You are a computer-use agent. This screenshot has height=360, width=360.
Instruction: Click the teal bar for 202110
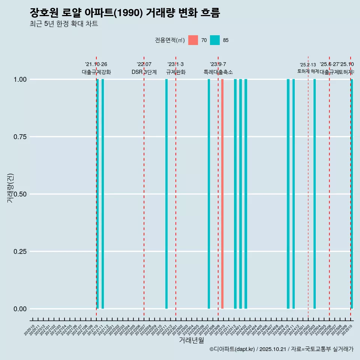pyautogui.click(x=98, y=194)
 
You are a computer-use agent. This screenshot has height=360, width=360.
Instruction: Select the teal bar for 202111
pyautogui.click(x=103, y=194)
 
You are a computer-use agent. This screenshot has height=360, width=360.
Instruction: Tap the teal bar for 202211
pyautogui.click(x=166, y=194)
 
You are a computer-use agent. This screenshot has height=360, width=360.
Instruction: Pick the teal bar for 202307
pyautogui.click(x=209, y=194)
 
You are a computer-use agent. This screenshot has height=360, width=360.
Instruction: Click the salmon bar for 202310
pyautogui.click(x=222, y=194)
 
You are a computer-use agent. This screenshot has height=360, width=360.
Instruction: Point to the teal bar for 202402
pyautogui.click(x=246, y=194)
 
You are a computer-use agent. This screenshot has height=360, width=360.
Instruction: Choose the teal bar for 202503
pyautogui.click(x=315, y=194)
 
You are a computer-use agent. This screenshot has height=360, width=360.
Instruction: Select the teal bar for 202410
pyautogui.click(x=288, y=194)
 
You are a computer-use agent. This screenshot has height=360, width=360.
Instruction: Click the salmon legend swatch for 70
pyautogui.click(x=193, y=40)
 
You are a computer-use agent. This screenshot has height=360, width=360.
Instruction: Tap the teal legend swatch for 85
pyautogui.click(x=215, y=40)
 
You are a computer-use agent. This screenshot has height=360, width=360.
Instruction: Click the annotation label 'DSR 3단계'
pyautogui.click(x=144, y=72)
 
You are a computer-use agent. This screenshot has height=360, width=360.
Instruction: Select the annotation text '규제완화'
pyautogui.click(x=176, y=72)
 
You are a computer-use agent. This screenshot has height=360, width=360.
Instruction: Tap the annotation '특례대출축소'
pyautogui.click(x=218, y=72)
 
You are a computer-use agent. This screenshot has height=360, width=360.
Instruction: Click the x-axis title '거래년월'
pyautogui.click(x=192, y=340)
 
